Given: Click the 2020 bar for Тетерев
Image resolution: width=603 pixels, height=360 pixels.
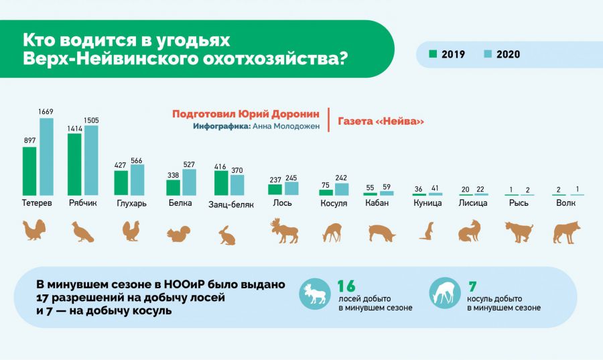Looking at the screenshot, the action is coord(46,157).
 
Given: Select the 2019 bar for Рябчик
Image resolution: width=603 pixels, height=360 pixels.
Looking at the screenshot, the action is coord(74,164).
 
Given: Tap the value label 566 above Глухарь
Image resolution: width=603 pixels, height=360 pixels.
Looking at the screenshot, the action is coord(137,160).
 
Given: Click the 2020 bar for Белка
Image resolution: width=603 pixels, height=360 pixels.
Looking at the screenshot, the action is coord(189,182).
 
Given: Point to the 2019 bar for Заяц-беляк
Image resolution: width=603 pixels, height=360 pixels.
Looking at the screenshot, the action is coord(221,183).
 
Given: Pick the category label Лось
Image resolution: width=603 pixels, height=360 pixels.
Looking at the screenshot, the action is coord(282,202).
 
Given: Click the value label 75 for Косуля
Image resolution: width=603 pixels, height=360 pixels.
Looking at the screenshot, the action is coord(326,186).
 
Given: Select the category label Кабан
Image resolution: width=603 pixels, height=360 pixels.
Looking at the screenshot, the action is coord(377,202).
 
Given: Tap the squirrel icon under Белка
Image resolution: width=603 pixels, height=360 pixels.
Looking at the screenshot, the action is coord(178,233).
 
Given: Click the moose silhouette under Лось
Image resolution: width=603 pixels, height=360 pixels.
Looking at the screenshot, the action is coord(284,231).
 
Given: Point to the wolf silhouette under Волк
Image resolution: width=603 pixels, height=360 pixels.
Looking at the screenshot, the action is coord(566,233).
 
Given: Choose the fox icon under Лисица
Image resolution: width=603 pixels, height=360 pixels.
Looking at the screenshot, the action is coord(470,231).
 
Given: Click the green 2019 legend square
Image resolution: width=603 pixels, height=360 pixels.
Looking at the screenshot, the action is coord(433,54).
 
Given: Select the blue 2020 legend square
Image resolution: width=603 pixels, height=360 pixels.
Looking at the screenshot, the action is coord(488,54).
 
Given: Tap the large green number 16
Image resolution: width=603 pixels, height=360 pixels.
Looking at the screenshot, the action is coord(346,286).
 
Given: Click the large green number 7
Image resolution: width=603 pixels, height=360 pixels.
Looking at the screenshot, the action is coord(472,286).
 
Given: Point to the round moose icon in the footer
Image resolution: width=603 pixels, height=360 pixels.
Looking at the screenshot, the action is coord(315,294).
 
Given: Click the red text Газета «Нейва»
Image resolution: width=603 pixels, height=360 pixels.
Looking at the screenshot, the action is coord(381,121).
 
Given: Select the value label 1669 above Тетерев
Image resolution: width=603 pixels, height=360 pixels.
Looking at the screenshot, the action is coord(46,111).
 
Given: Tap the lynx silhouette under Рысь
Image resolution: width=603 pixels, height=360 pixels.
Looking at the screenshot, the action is coord(519,232).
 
